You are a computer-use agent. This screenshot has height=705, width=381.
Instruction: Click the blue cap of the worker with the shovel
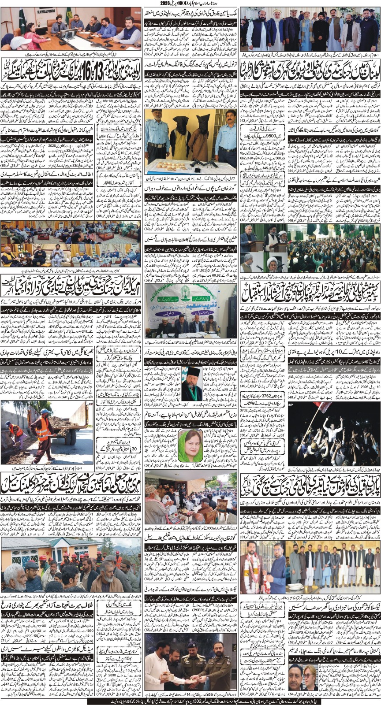click(x=44, y=411)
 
